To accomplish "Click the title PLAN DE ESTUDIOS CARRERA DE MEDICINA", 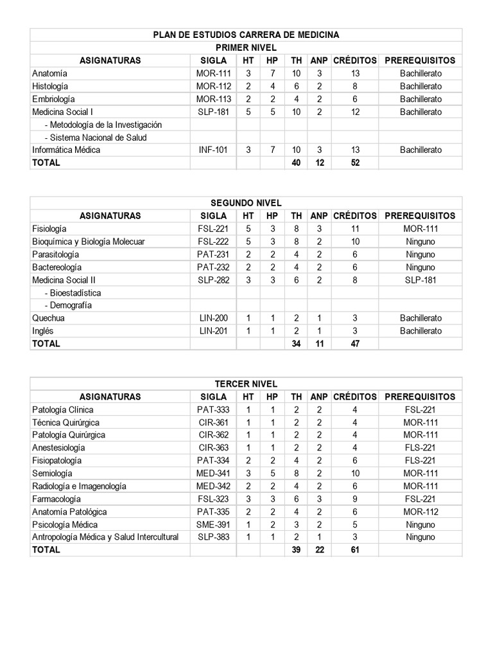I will (246, 35).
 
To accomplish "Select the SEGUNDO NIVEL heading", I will (246, 203).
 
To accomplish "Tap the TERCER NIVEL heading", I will (246, 384).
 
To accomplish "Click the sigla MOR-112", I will (213, 86).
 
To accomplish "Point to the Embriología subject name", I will (53, 99).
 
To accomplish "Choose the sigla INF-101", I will (213, 150).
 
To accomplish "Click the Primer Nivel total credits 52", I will (355, 163).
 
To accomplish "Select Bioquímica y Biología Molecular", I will (89, 242).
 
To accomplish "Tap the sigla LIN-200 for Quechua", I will (213, 318).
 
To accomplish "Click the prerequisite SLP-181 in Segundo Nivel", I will (420, 280).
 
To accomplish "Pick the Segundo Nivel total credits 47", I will (355, 344).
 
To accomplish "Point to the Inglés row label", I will (43, 331).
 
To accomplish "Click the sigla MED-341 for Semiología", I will (213, 474).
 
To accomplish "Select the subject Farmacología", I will (56, 499).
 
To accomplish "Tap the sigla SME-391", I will (213, 524).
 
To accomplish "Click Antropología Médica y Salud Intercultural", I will (105, 537).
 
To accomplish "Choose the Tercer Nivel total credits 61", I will (355, 550).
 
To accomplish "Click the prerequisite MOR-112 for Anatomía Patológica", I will (420, 512).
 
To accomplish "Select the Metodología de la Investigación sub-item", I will (103, 125).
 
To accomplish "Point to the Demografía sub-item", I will (68, 305).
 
